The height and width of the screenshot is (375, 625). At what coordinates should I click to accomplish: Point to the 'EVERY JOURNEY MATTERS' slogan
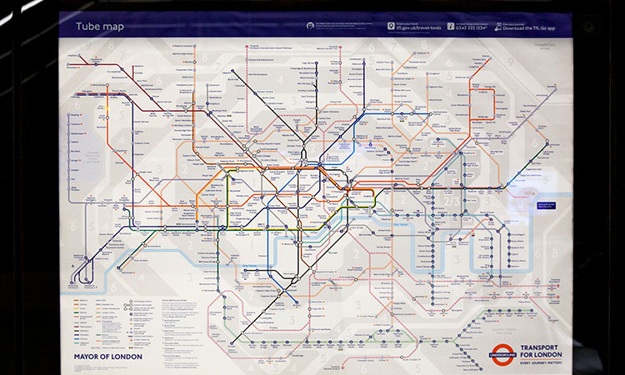pos(544,362)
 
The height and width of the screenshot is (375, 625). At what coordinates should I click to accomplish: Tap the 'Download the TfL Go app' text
pos(524,27)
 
